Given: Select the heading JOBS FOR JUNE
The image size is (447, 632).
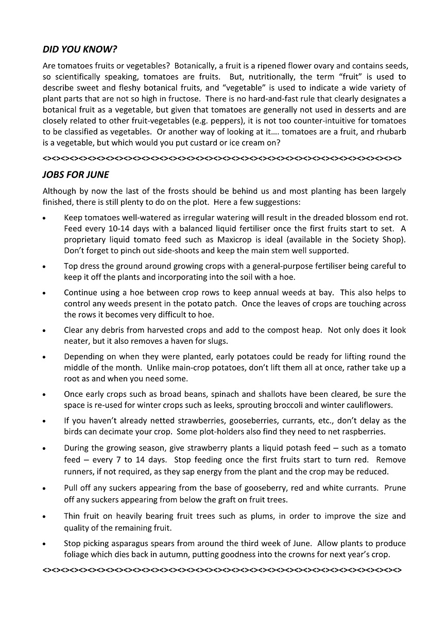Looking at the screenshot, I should coord(76,175).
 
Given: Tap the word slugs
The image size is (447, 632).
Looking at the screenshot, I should coord(216,341).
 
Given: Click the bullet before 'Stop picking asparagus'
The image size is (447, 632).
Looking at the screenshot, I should coord(45,544).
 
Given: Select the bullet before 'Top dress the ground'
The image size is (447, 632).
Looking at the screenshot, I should coord(45,267).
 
